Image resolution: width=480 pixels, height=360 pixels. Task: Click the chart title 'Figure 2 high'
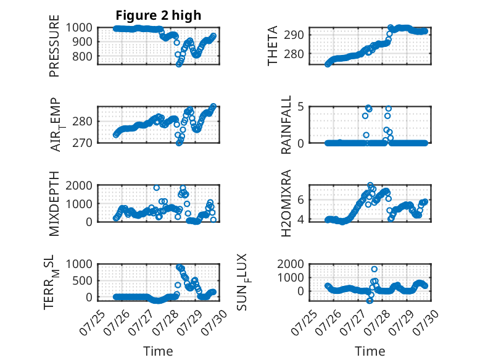click(x=159, y=15)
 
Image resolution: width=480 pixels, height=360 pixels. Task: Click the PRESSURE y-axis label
click(x=54, y=46)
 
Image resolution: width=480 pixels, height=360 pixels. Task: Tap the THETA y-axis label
click(x=272, y=45)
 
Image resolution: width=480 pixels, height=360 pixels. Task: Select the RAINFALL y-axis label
click(x=286, y=124)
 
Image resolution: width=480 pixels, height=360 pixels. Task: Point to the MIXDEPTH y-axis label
click(x=54, y=203)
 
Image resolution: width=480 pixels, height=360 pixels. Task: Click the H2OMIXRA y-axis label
click(x=286, y=203)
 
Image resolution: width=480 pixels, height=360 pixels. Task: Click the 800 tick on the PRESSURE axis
click(x=82, y=56)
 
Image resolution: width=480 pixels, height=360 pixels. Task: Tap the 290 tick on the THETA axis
click(x=294, y=35)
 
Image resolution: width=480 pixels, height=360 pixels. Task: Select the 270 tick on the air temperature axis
click(x=82, y=143)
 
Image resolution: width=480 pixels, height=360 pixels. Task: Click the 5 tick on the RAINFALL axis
click(x=300, y=107)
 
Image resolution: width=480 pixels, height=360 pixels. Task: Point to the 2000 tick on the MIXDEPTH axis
click(x=79, y=185)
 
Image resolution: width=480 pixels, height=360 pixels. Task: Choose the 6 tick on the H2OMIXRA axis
click(x=300, y=200)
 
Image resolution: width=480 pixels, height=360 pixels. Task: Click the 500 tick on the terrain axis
click(x=82, y=280)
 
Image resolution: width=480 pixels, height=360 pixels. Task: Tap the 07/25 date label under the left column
click(x=92, y=323)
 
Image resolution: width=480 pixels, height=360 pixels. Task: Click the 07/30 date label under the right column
click(x=425, y=322)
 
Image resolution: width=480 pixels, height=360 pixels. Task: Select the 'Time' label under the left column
click(x=158, y=351)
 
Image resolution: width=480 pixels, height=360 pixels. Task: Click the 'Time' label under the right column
click(x=370, y=351)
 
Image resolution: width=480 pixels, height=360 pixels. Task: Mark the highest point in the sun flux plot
click(x=374, y=269)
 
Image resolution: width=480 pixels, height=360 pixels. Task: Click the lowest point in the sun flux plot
click(x=370, y=301)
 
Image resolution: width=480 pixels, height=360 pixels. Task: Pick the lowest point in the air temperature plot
click(x=179, y=143)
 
